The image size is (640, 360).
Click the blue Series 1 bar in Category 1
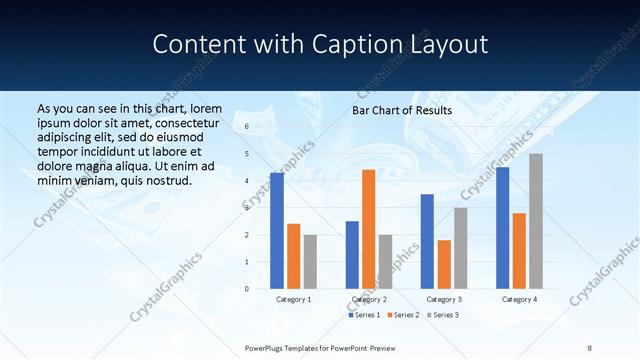277,231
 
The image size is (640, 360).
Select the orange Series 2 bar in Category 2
368,229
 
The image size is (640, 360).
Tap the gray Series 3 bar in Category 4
536,221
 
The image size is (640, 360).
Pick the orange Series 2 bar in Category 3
444,264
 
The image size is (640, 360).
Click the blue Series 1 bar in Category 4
502,228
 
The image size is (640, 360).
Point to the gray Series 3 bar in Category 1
310,262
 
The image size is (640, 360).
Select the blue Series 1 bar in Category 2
352,255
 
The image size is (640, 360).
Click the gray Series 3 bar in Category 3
460,248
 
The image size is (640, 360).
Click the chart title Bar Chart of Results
402,110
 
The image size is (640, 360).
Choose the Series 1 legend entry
364,315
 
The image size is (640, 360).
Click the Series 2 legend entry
403,315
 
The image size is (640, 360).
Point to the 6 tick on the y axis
247,127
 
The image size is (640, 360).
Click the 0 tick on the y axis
247,289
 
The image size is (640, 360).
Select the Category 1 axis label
293,299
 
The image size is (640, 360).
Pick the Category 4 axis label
519,299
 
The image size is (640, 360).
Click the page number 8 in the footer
589,347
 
